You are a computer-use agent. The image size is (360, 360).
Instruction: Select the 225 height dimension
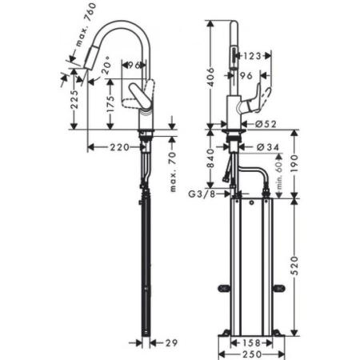click(74, 100)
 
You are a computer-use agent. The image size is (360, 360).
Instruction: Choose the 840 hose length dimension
click(209, 161)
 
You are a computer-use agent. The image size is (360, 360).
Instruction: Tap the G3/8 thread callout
click(201, 194)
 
